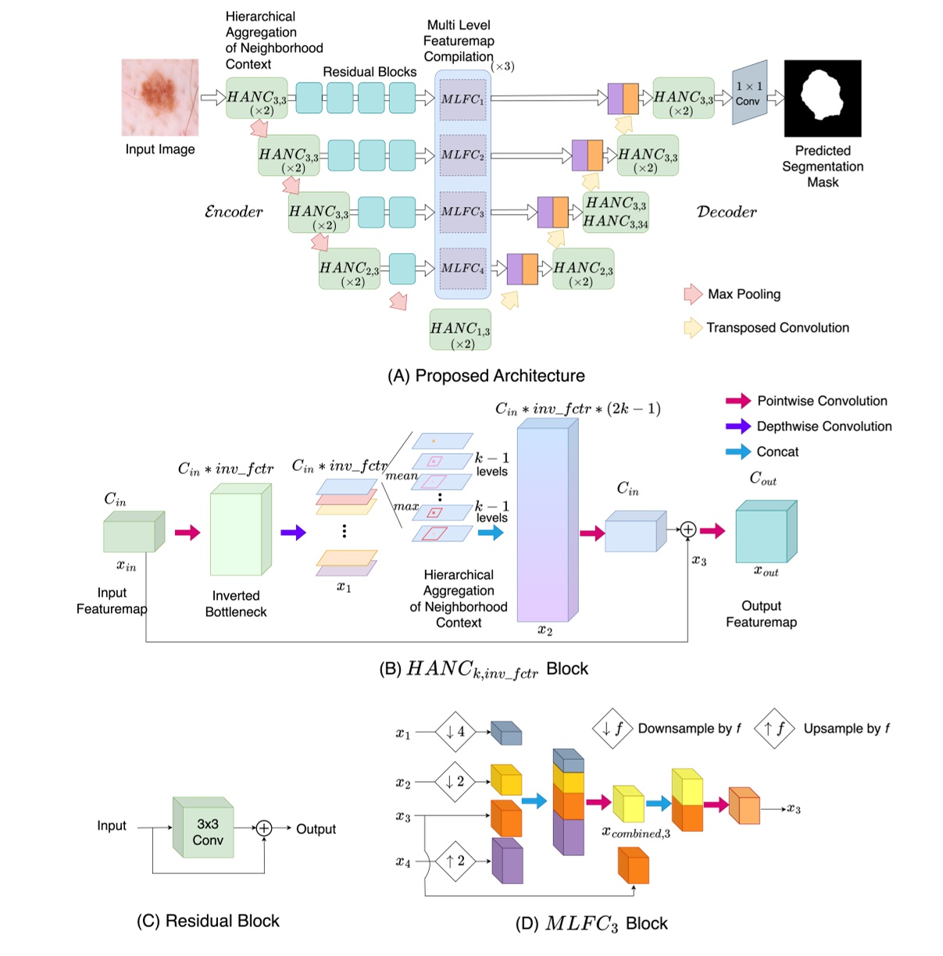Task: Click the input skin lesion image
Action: [x=160, y=98]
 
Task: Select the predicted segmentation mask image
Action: [x=822, y=98]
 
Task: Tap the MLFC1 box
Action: [x=463, y=99]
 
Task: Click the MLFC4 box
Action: [x=463, y=268]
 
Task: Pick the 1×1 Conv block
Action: [x=748, y=93]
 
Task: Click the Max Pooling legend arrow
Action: [x=693, y=294]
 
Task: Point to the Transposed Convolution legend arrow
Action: [x=692, y=327]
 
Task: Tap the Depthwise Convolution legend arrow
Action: [x=738, y=426]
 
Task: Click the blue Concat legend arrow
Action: [x=738, y=451]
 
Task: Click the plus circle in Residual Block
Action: [x=264, y=828]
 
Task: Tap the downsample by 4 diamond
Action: [x=455, y=732]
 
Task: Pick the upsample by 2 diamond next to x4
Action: [x=455, y=861]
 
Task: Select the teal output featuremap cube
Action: [x=766, y=533]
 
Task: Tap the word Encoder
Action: [x=233, y=212]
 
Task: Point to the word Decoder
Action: [x=726, y=212]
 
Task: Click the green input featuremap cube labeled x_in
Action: [x=133, y=533]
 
